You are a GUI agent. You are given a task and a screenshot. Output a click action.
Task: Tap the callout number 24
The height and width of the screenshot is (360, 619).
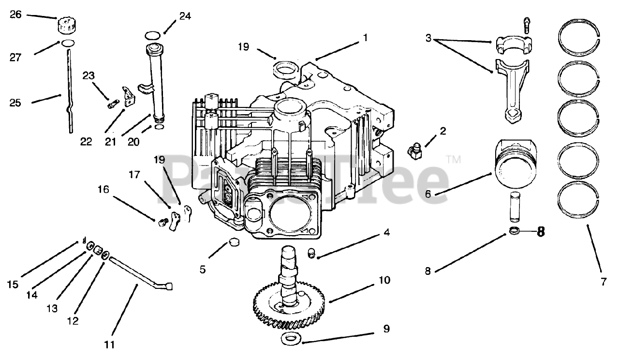point(185,16)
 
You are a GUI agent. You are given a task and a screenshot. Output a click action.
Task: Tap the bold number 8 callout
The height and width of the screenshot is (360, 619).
point(540,232)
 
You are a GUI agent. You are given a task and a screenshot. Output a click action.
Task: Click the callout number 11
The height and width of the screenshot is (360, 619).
point(110,345)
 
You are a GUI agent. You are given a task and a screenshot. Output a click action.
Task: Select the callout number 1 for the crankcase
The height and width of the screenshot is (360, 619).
point(365,37)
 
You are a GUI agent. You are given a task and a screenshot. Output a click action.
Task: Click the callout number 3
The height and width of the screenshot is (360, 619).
point(428,37)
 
